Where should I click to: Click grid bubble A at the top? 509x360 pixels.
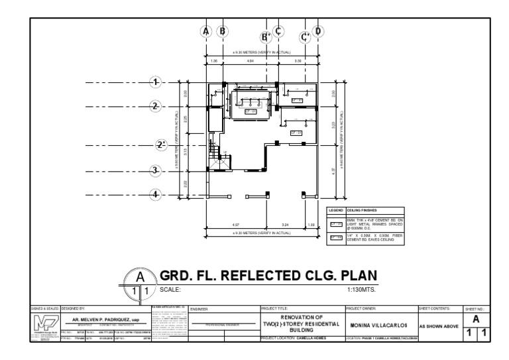tap(206, 30)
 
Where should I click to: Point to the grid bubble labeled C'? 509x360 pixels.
tap(306, 37)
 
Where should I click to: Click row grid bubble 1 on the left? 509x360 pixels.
tap(156, 82)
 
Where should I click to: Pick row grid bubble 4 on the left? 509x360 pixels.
tap(156, 195)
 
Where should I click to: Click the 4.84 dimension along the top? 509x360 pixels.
tap(251, 61)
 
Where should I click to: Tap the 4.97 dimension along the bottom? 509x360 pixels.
tap(237, 225)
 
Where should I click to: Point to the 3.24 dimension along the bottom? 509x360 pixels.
tap(286, 225)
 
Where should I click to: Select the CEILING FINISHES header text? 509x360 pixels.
tap(362, 210)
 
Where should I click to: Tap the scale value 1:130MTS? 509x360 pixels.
tap(361, 290)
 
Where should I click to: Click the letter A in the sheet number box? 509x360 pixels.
tap(476, 319)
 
